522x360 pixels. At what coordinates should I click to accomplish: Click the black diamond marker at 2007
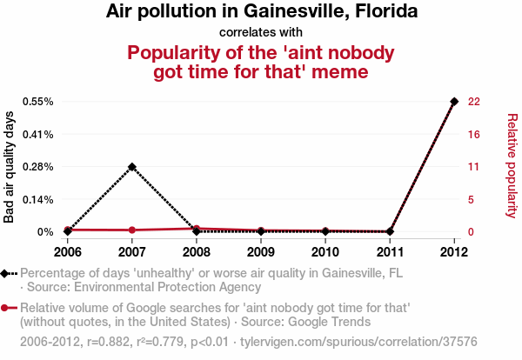pos(132,166)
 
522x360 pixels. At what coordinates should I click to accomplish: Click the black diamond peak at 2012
pos(454,102)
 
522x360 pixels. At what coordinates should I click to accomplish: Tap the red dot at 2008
pos(197,229)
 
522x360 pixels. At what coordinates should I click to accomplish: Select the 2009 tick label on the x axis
pos(261,252)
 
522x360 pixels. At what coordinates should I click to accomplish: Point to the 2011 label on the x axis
pos(390,252)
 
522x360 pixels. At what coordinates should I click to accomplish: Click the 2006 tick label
pos(68,252)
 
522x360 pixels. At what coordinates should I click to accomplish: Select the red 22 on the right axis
pos(474,101)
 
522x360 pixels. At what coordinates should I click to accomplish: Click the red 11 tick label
pos(474,167)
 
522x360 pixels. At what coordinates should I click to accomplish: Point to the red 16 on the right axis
pos(474,134)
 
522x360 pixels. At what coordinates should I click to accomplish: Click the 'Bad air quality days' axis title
pos(10,167)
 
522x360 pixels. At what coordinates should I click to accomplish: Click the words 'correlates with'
pos(261,32)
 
